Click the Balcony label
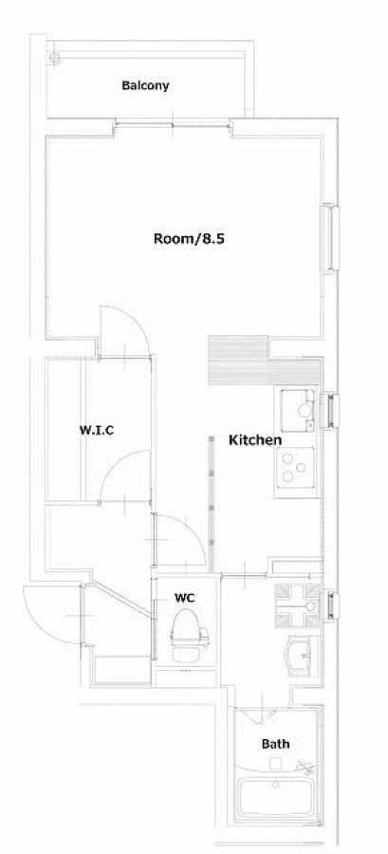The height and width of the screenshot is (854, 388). click(x=145, y=85)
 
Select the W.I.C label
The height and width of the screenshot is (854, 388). click(x=97, y=430)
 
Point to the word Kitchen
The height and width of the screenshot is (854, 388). click(x=254, y=440)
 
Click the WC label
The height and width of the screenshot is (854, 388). click(x=184, y=598)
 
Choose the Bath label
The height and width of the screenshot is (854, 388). click(x=275, y=743)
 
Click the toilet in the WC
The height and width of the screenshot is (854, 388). click(x=189, y=635)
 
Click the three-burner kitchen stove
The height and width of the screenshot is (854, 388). click(x=295, y=467)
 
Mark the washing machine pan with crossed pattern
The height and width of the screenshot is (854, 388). click(x=298, y=605)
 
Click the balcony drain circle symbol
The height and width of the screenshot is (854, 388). click(x=54, y=57)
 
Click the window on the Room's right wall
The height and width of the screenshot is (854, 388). click(x=332, y=237)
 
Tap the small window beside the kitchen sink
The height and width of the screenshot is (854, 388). click(x=331, y=411)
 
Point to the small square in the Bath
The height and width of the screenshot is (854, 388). click(x=276, y=764)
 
